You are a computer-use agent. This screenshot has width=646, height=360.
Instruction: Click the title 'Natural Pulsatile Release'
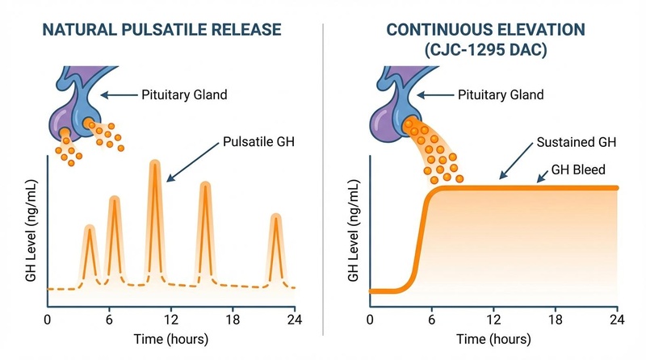(161, 31)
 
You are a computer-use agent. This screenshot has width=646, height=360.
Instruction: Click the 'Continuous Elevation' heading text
(486, 30)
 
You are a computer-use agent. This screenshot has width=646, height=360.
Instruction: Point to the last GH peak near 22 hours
(276, 220)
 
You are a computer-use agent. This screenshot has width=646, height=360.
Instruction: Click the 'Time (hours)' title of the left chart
(170, 337)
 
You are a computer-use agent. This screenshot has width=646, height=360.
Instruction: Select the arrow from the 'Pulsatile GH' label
(193, 161)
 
